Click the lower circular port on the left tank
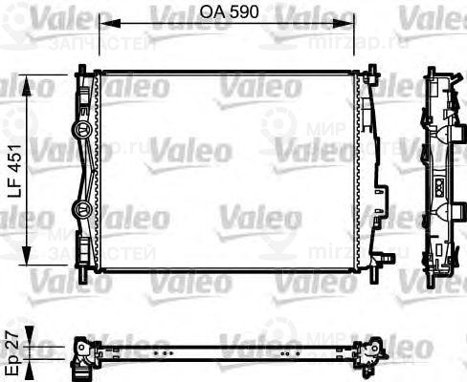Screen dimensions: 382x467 tap(80, 207)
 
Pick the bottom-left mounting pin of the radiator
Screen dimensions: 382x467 tap(84, 274)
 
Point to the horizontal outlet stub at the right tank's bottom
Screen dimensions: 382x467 tap(386, 256)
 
